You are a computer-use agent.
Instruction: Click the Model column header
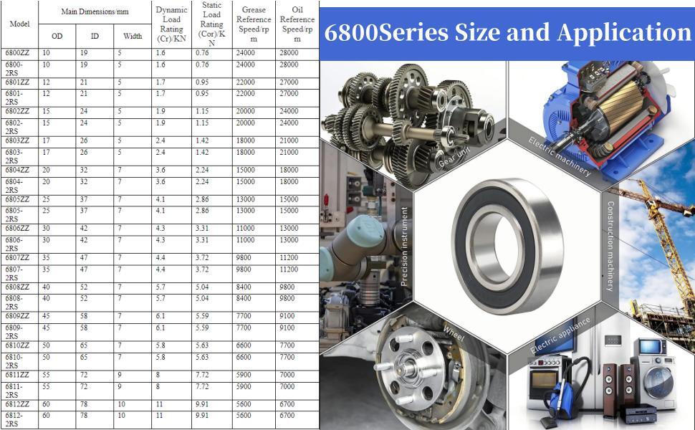[x=19, y=24]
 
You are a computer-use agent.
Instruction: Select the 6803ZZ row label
[x=17, y=141]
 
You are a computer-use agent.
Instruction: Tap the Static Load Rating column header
[x=211, y=24]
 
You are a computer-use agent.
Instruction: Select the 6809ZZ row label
[x=17, y=317]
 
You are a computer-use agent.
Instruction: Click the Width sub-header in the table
[x=133, y=37]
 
